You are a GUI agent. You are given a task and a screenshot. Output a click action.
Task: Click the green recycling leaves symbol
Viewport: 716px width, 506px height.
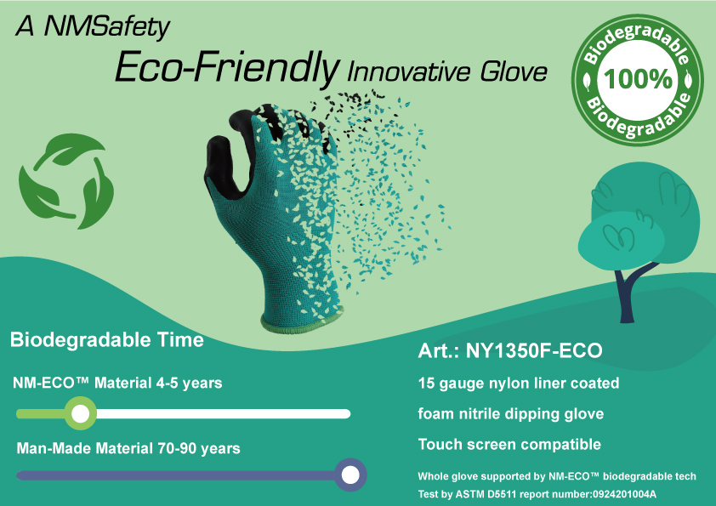tap(66, 181)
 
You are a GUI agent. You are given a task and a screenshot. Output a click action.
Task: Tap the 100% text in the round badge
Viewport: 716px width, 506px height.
tap(638, 79)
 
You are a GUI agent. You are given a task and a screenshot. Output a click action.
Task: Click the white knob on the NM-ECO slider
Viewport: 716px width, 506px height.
tap(81, 414)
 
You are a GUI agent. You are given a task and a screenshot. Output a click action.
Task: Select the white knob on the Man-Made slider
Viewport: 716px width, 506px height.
tap(350, 475)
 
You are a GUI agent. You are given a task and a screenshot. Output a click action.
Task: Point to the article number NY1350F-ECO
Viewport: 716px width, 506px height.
tap(534, 350)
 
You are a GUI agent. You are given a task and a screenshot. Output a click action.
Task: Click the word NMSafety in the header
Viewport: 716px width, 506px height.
tap(107, 27)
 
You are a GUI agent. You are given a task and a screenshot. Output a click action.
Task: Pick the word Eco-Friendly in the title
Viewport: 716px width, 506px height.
tap(227, 67)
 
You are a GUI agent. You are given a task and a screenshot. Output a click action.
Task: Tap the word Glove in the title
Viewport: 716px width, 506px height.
tap(514, 72)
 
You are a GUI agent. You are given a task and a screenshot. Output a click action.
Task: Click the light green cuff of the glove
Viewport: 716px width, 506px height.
tap(301, 321)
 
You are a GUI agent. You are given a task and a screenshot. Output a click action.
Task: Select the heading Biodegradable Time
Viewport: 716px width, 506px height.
tap(107, 340)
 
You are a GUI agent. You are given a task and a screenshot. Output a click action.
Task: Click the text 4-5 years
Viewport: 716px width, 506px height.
tap(189, 384)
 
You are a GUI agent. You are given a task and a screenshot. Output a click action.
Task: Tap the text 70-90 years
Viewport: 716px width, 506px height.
tap(199, 448)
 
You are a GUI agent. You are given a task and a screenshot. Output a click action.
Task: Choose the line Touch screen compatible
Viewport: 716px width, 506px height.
tap(509, 445)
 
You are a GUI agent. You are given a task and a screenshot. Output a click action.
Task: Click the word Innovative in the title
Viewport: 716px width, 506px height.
tap(409, 72)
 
